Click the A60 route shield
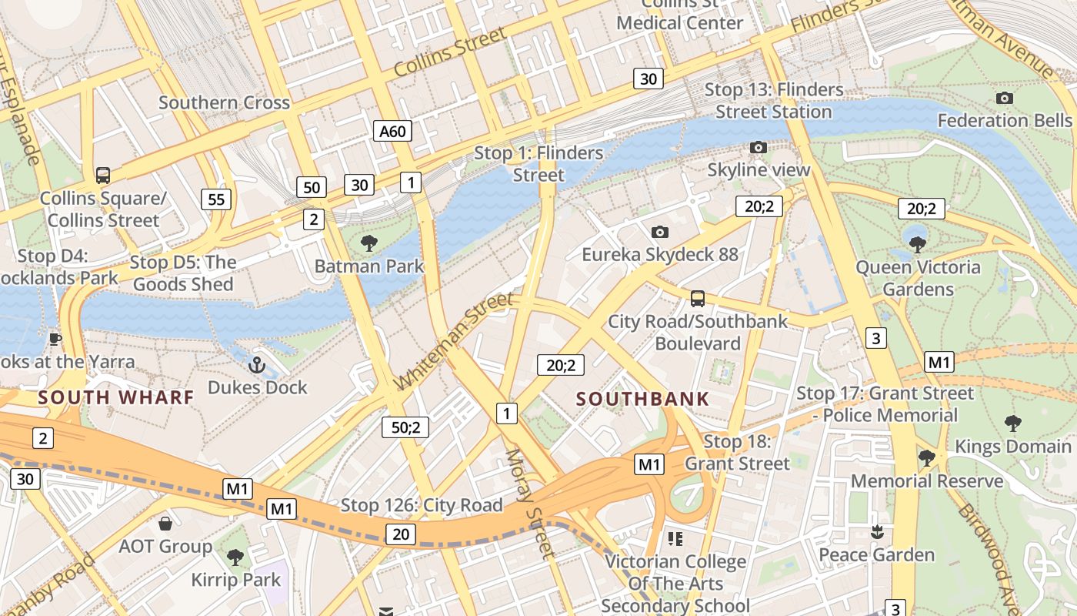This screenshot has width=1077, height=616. click(x=392, y=132)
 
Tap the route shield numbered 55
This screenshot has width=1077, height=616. click(x=216, y=200)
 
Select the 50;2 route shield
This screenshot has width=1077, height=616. click(x=405, y=427)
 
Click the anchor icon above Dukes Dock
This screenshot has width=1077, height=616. click(x=257, y=365)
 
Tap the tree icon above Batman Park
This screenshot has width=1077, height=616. click(x=369, y=244)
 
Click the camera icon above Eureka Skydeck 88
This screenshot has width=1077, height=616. click(x=659, y=232)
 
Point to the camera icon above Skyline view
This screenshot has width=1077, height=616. click(x=759, y=147)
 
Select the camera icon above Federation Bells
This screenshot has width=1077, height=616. click(x=1004, y=98)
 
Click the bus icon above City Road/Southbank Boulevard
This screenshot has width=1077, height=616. click(x=698, y=298)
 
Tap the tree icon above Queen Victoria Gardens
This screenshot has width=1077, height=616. click(x=917, y=245)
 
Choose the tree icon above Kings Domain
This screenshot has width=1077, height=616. click(x=1013, y=423)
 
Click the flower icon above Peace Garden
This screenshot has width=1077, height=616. click(x=876, y=532)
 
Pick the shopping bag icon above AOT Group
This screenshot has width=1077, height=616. click(x=165, y=524)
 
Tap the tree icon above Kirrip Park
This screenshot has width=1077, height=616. click(x=235, y=557)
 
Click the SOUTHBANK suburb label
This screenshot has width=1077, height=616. click(x=642, y=399)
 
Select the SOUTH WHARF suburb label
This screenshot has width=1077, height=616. click(x=116, y=397)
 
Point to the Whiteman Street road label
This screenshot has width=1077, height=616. click(x=453, y=341)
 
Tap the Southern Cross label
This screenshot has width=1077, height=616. click(x=224, y=102)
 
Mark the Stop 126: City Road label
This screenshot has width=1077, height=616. click(x=422, y=506)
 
